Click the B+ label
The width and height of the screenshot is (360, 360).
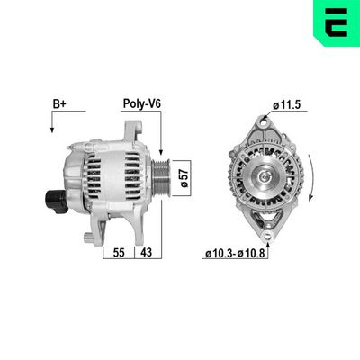pyautogui.click(x=59, y=104)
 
